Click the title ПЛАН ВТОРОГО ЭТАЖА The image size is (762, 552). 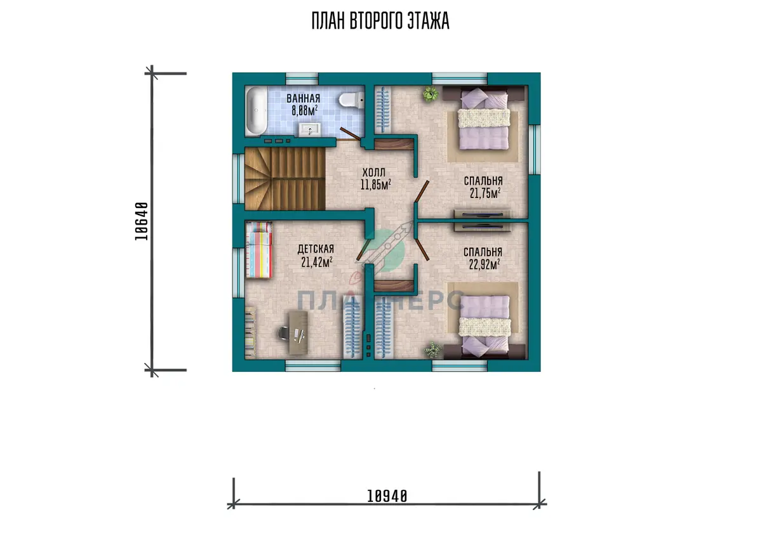click(380, 21)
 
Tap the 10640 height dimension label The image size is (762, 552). click(142, 221)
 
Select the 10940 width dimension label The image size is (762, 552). click(387, 496)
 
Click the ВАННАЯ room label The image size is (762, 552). click(303, 98)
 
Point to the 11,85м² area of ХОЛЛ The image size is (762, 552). click(375, 185)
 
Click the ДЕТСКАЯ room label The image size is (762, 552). click(316, 249)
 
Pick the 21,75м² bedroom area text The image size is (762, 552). click(485, 193)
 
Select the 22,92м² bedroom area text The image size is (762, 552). click(485, 264)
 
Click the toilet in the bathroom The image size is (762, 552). click(351, 100)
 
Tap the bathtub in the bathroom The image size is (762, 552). click(256, 112)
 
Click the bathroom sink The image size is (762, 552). click(310, 129)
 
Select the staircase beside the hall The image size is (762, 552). click(285, 179)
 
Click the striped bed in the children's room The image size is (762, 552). click(259, 250)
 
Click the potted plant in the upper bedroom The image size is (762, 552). click(431, 93)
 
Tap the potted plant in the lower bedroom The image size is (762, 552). click(433, 350)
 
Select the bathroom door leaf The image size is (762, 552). click(350, 133)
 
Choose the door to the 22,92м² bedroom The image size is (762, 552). click(422, 249)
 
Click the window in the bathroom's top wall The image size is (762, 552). click(302, 79)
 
